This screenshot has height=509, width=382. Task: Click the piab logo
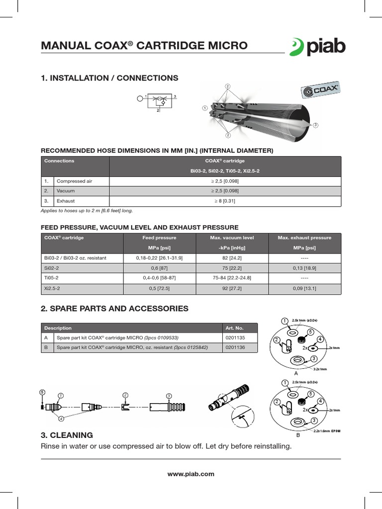click(317, 46)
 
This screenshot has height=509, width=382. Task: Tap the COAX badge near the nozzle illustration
click(321, 91)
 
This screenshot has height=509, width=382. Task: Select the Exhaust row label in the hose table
click(66, 201)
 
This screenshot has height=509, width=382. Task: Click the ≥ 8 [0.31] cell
click(225, 201)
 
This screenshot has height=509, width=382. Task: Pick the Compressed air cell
click(75, 181)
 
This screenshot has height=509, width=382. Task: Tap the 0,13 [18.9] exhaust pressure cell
click(304, 268)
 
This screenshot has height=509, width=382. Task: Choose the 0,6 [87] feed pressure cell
click(159, 268)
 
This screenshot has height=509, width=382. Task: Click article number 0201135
click(235, 338)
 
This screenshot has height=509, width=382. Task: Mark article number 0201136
click(235, 347)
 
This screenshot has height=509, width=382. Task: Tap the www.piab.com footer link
click(191, 474)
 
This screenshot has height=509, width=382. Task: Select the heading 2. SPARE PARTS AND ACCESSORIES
click(114, 309)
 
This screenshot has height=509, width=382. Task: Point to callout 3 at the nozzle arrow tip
click(315, 125)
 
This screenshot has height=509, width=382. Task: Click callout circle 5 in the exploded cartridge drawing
click(42, 392)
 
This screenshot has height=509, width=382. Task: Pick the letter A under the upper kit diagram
click(296, 373)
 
